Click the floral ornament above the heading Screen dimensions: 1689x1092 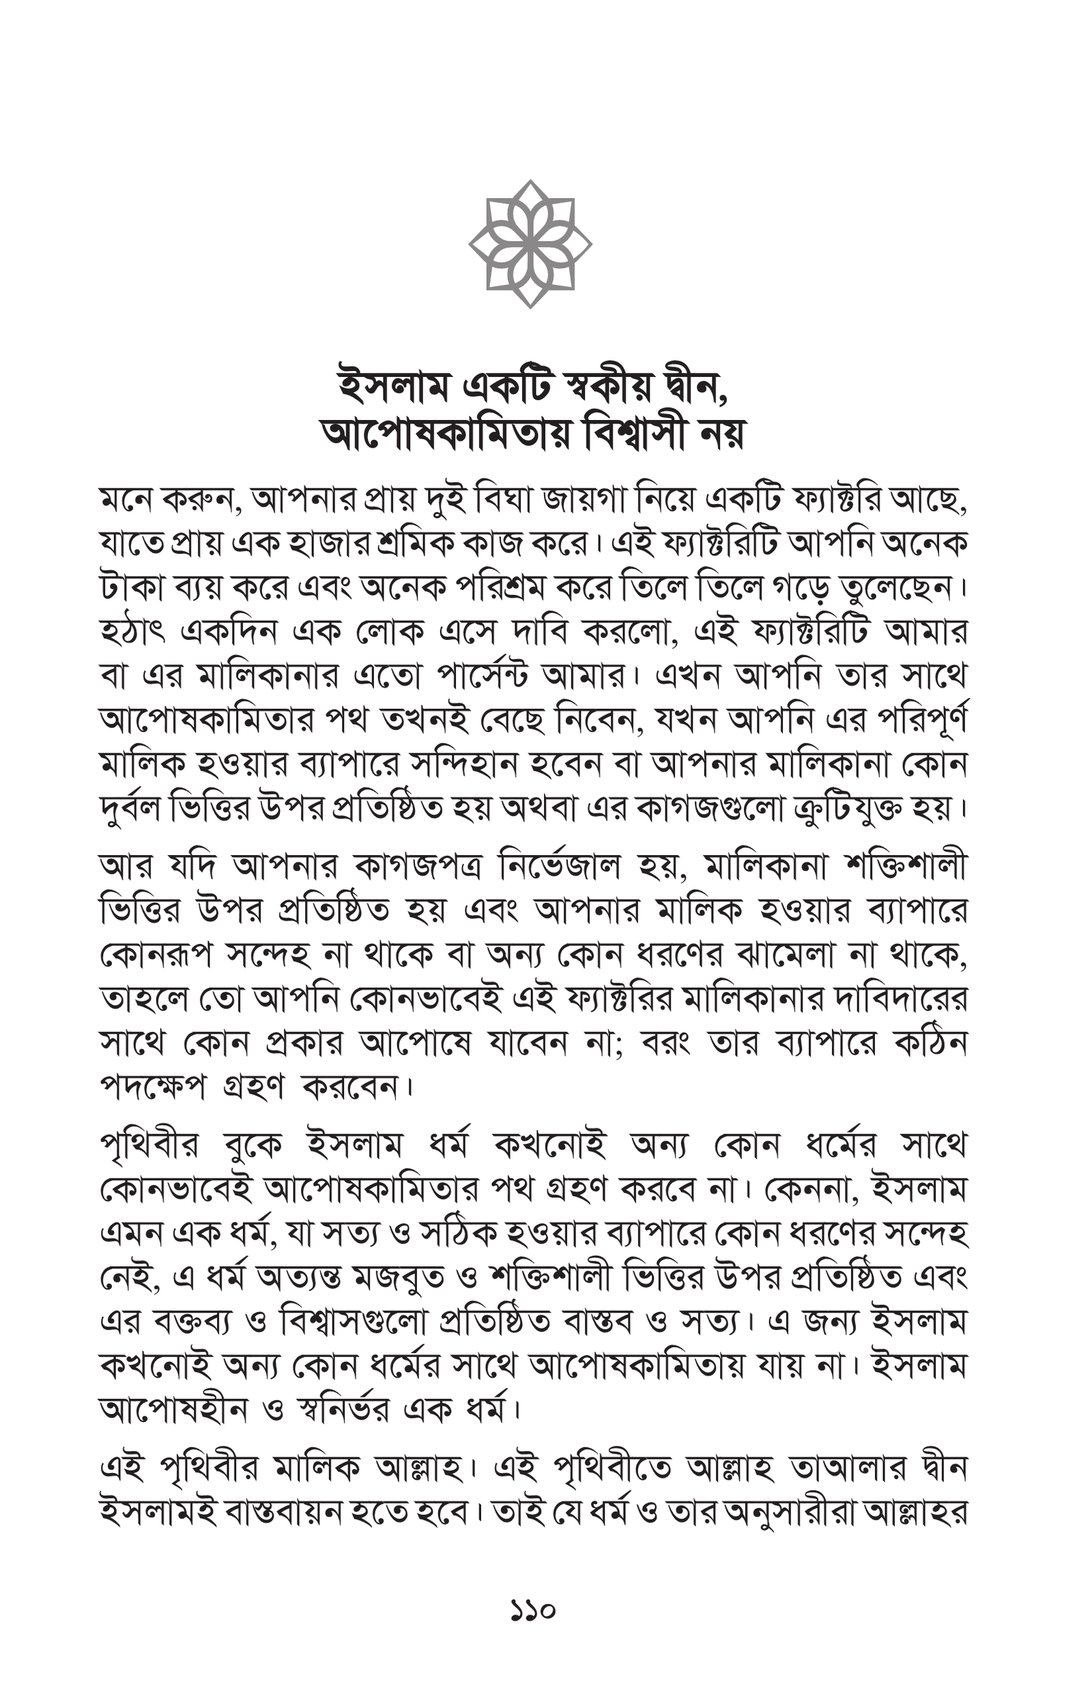pos(530,243)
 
